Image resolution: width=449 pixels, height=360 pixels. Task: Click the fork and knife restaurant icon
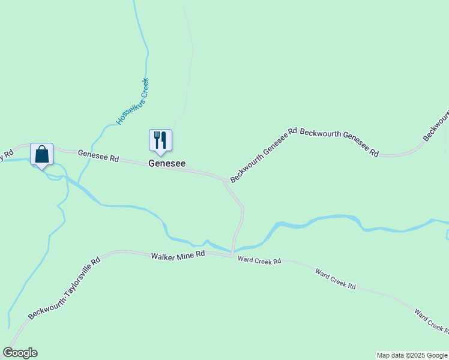click(x=160, y=140)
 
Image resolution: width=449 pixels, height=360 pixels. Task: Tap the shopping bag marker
click(x=41, y=154)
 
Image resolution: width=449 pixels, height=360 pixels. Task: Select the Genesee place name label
click(x=167, y=163)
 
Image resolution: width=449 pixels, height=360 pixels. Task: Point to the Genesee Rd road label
click(x=98, y=156)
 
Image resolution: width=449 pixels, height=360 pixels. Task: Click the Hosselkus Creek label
click(x=132, y=101)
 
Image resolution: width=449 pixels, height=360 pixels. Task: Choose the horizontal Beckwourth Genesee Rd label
click(x=339, y=142)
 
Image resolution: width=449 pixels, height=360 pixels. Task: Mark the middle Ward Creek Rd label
click(x=336, y=279)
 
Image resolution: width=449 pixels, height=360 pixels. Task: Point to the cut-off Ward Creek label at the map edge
click(x=430, y=320)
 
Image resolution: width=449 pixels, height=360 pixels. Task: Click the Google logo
click(x=20, y=353)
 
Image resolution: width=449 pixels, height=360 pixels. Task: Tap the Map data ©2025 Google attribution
click(x=412, y=355)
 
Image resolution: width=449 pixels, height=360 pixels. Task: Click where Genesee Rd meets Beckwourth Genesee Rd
click(x=226, y=180)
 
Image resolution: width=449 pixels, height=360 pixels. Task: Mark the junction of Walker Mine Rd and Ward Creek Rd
click(x=232, y=256)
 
